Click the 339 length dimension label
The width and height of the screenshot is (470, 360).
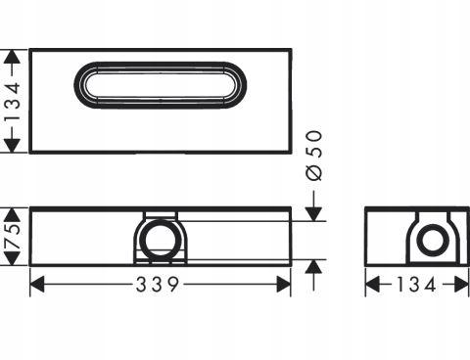point(158,284)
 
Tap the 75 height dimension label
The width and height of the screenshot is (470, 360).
point(13,237)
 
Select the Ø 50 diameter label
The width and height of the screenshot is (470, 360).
point(314,156)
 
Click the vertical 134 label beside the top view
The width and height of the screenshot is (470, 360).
point(13,102)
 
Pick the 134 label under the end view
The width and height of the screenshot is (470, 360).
point(416,285)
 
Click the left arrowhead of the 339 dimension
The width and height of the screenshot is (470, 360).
point(37,284)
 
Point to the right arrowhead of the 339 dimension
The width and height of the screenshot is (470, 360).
point(284,284)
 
